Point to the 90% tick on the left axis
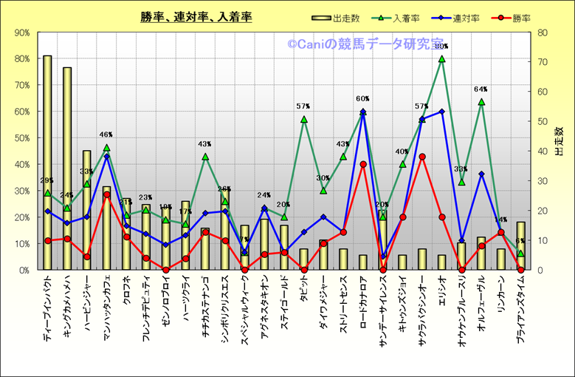click(22, 33)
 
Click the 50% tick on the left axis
click(22, 138)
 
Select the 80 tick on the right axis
click(543, 33)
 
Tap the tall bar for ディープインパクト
click(47, 163)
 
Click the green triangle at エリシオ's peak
click(441, 59)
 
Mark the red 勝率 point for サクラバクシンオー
click(422, 157)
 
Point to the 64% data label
click(481, 89)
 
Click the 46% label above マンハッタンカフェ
click(106, 135)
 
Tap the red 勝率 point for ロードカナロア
click(363, 165)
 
